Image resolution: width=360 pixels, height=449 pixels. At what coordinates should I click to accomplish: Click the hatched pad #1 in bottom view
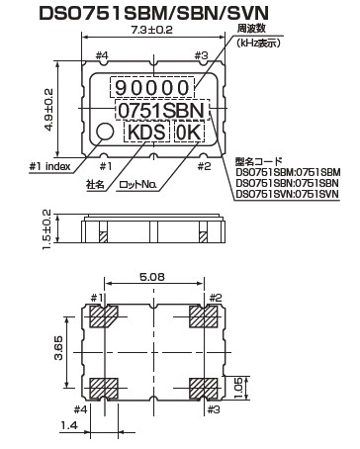click(104, 316)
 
